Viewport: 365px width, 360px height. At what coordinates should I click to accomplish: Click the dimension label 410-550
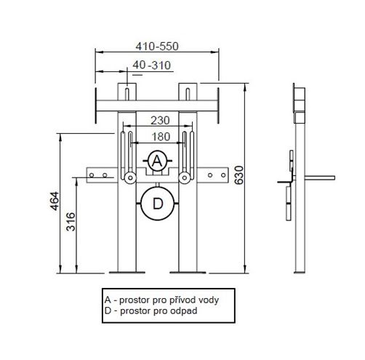[157, 47]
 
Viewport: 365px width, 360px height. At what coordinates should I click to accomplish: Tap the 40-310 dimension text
[152, 65]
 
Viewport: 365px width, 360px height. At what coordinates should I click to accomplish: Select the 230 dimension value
[160, 121]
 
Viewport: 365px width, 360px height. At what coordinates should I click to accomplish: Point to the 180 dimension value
[161, 137]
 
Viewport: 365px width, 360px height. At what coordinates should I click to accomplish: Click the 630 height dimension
[239, 175]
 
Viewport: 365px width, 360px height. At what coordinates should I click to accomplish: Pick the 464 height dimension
[55, 201]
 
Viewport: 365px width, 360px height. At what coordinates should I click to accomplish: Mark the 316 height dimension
[71, 222]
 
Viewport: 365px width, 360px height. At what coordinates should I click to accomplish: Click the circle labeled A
[158, 161]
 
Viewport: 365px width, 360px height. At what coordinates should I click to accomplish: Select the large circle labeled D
[158, 204]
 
